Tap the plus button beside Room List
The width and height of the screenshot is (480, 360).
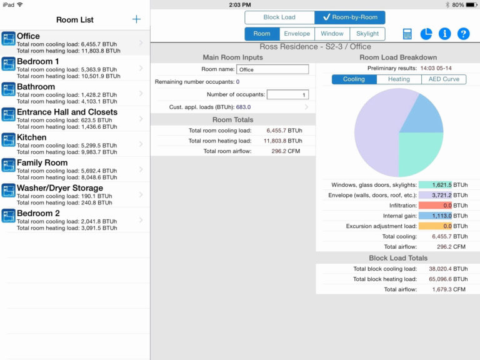(136, 19)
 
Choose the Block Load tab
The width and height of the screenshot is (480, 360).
(279, 17)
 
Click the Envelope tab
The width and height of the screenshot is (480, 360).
(297, 34)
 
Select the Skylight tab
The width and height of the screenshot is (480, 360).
(367, 34)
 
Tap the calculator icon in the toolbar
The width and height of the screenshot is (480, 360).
(407, 34)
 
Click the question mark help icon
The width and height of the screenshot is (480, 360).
(463, 34)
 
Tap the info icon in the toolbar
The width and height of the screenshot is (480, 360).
(445, 34)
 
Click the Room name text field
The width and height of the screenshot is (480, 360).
(272, 69)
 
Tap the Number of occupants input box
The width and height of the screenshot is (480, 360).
(287, 95)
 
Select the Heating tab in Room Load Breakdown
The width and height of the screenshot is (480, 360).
(399, 79)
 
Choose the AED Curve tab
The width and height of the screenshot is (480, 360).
(444, 79)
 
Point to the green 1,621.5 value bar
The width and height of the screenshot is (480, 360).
(435, 185)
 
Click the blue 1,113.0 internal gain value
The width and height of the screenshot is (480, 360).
(435, 216)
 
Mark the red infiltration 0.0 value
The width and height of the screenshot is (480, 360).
(435, 205)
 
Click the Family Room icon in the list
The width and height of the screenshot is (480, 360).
(9, 165)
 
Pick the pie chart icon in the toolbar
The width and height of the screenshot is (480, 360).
(426, 34)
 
